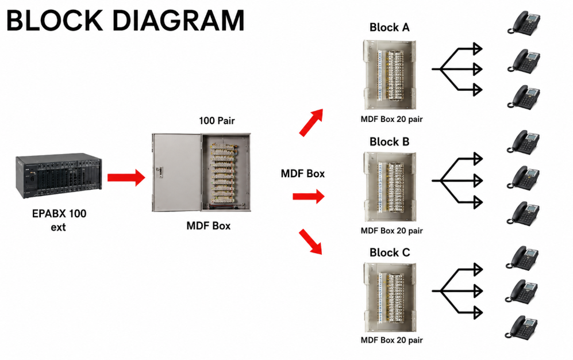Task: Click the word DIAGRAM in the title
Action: (178, 21)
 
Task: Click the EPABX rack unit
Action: (59, 176)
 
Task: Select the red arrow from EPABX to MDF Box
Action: (126, 178)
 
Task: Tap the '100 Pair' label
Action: (217, 121)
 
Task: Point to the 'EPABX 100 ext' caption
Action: (59, 220)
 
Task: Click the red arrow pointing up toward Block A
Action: (312, 122)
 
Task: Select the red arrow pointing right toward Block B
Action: (309, 197)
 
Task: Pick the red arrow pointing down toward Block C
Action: (310, 242)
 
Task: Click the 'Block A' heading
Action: (390, 28)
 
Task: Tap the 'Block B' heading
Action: (390, 141)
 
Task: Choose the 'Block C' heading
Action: (390, 252)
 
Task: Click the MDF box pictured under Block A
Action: (390, 75)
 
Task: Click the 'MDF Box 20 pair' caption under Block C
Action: (392, 340)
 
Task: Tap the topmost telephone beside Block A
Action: (524, 23)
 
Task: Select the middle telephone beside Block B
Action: (524, 178)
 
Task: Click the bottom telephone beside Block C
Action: (521, 327)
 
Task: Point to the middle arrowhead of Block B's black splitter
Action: (478, 180)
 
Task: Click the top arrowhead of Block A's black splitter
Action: (478, 49)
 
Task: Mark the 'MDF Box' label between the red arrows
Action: (302, 174)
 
